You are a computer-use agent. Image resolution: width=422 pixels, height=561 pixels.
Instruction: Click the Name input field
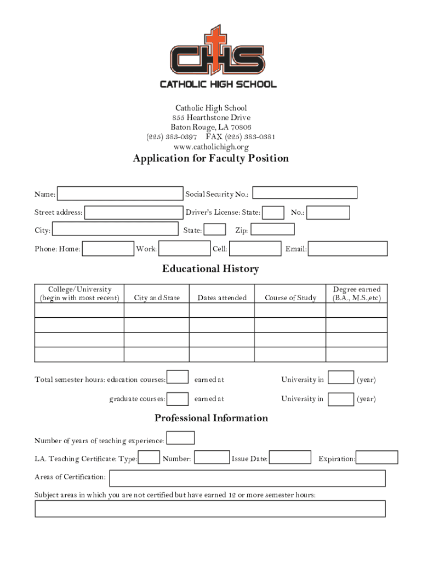coord(120,194)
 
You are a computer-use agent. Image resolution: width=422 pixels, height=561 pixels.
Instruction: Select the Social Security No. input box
coord(305,193)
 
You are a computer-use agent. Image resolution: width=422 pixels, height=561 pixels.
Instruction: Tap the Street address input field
coord(134,213)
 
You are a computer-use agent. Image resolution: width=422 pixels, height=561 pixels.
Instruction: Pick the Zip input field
coord(272,230)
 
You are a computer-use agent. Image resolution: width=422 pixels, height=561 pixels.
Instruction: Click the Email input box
coord(348,249)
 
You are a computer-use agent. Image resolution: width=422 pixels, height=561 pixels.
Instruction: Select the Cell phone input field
coord(255,249)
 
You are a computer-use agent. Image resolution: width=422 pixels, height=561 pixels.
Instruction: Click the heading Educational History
coord(210,269)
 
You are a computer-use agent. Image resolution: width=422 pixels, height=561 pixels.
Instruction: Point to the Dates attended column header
coord(222,298)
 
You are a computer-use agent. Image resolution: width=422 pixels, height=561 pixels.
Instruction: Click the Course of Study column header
coord(290,298)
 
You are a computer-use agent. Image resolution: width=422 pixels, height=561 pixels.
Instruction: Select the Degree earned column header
coord(356,294)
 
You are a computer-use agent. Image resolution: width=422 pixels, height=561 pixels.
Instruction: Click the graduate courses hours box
coord(178,399)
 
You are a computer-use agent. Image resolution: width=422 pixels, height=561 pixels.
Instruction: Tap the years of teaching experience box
coord(180,438)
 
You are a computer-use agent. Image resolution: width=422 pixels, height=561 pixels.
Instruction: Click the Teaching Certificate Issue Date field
coord(290,457)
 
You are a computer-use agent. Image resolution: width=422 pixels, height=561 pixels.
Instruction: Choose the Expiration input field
coord(377,457)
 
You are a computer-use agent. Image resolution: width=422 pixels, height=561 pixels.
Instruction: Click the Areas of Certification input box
coord(247,478)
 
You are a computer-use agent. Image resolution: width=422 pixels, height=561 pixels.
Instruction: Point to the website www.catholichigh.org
coord(211,147)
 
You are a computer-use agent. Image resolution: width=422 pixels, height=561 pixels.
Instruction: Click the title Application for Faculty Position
coord(210,159)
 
